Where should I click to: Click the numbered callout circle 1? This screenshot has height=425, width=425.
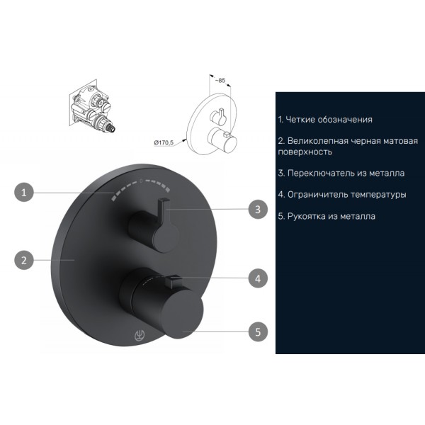coord(24,192)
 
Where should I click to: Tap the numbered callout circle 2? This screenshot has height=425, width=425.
coord(24,260)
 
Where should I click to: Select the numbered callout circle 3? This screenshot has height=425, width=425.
coord(258,209)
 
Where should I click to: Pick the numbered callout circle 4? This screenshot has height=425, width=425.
coord(258,278)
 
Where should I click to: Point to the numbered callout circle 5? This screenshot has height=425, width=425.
coord(258,331)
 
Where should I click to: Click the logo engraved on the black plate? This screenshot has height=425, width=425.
coord(140,335)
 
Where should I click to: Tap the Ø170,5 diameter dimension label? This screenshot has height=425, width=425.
coord(164,142)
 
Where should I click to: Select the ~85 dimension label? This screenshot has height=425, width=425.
coord(220,81)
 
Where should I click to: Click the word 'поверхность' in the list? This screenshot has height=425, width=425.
coord(305,152)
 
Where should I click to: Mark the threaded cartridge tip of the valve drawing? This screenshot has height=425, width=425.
coord(110,128)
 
